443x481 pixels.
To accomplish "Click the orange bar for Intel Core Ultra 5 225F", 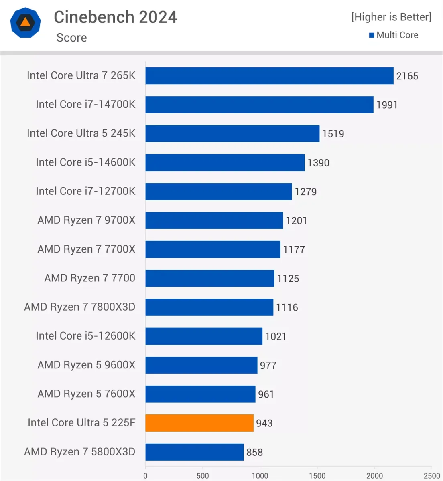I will tap(199, 423).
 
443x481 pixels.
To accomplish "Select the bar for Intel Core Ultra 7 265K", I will tap(269, 76).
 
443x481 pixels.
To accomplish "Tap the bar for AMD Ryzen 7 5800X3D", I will tap(194, 452).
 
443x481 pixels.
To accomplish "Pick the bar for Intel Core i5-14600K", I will tap(225, 162).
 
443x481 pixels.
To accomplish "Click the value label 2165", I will tap(407, 76).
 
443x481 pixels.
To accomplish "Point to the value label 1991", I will tap(387, 105).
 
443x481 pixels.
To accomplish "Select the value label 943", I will tap(264, 423).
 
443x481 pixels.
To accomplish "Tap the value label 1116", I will tap(287, 307).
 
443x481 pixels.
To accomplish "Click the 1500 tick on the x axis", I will tap(317, 476).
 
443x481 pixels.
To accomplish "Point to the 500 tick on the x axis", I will tap(203, 476).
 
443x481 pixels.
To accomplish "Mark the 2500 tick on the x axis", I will tap(432, 476).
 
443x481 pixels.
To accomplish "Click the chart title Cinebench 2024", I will tap(115, 17).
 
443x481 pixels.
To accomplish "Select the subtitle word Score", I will tap(71, 38).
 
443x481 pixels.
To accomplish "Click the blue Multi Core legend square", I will tap(372, 35).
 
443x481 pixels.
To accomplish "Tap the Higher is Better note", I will tap(391, 17).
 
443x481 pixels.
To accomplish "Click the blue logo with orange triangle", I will tap(25, 22).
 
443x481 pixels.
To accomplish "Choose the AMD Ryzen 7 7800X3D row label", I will tap(80, 307).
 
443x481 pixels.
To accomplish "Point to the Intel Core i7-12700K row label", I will tap(85, 191).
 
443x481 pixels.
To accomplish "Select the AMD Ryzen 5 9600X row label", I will tap(86, 365).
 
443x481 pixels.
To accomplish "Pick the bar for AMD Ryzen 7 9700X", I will tap(214, 220).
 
